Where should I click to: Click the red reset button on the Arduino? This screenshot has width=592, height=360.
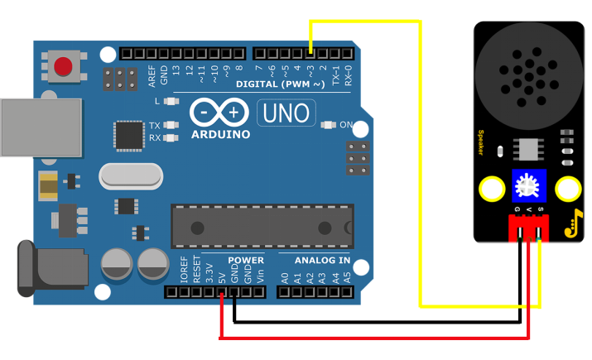63,65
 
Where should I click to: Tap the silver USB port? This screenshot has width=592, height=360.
41,127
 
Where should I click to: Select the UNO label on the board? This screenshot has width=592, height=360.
286,113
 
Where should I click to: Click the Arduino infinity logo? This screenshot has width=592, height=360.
219,112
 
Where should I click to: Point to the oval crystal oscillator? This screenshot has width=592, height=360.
131,175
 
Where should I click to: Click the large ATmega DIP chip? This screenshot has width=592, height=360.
262,225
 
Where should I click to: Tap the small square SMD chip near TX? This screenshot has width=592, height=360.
128,135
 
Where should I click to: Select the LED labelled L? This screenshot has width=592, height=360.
171,101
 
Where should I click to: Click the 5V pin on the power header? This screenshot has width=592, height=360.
222,291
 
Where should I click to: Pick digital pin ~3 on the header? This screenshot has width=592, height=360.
310,54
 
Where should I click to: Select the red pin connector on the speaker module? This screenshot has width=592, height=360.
528,229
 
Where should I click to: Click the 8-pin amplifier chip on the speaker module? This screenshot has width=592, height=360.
527,149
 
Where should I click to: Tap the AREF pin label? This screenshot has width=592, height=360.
152,74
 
